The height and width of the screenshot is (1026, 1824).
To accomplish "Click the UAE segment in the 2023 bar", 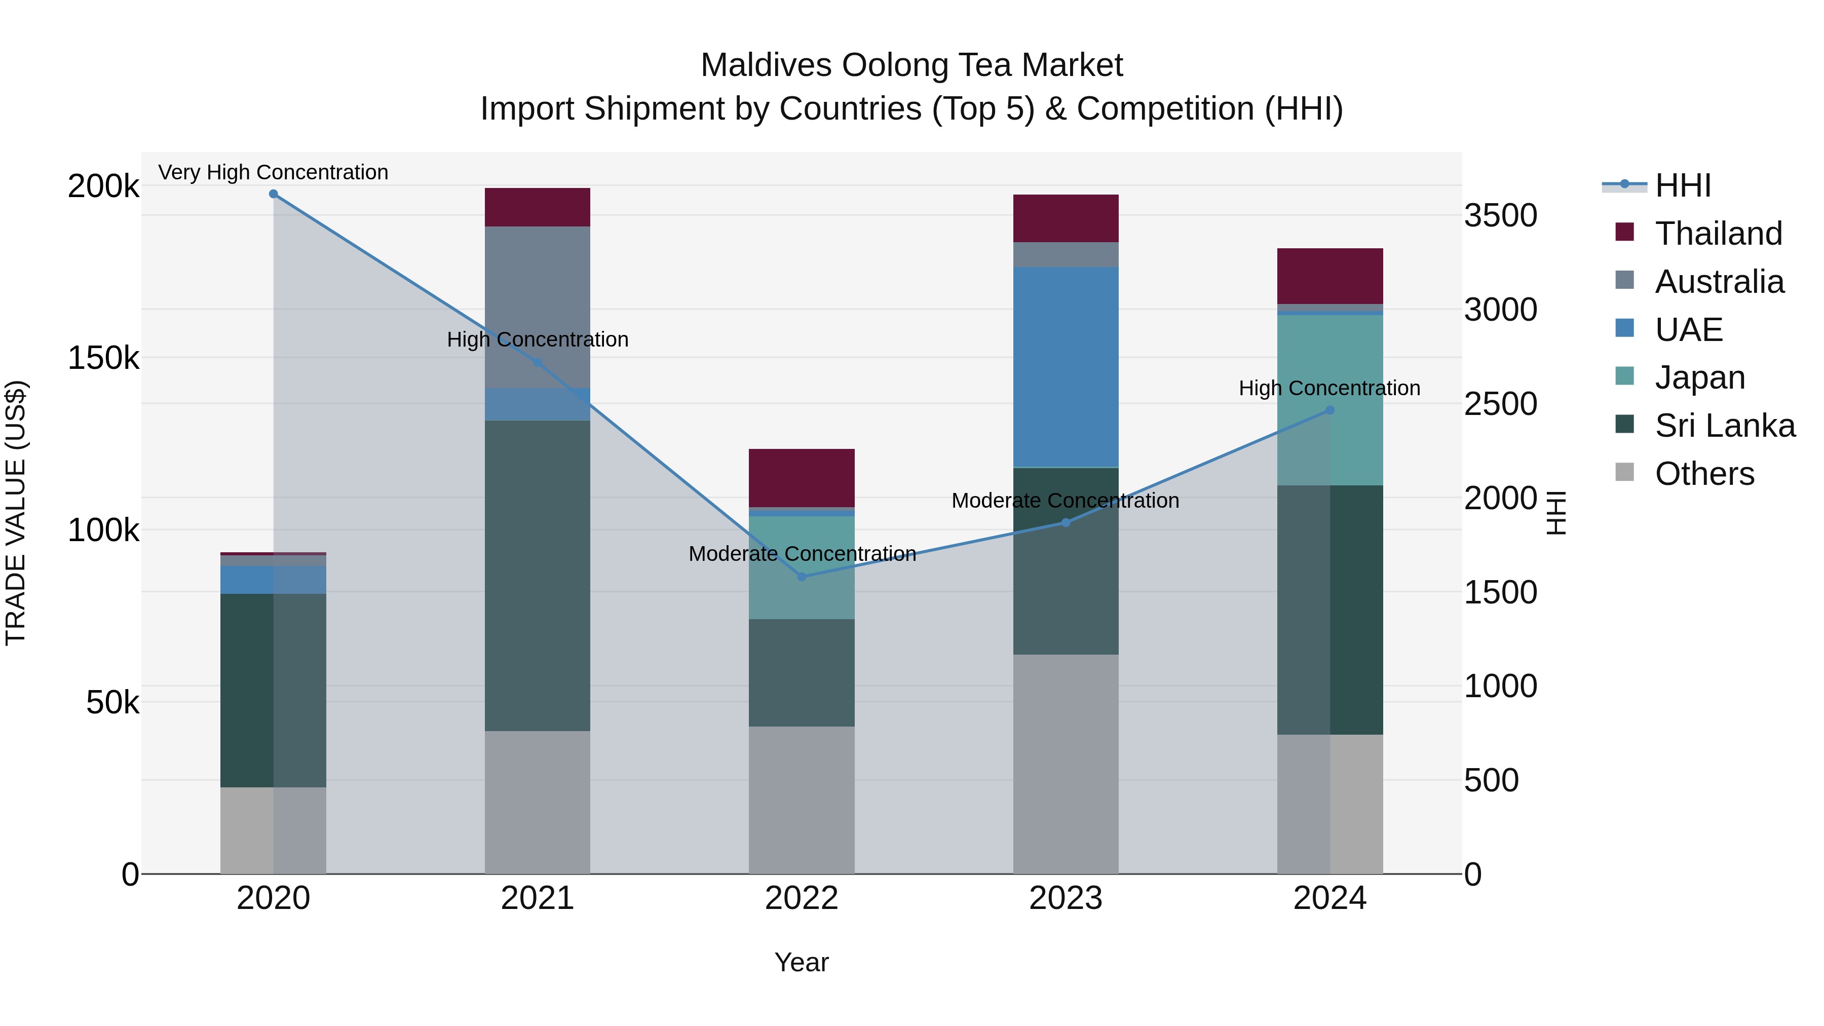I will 1066,367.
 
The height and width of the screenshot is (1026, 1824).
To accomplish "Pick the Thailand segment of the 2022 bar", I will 802,478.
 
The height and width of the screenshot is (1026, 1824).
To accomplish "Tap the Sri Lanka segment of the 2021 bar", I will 538,575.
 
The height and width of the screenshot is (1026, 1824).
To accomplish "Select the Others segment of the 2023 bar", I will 1066,764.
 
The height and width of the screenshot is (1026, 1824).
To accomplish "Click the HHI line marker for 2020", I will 273,194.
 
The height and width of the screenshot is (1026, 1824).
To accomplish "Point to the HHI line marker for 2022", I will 802,577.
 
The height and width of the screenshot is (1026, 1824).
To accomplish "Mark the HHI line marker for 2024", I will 1330,410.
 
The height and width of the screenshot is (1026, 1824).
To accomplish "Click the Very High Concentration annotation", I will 273,172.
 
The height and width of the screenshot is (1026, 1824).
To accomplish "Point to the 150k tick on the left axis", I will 103,358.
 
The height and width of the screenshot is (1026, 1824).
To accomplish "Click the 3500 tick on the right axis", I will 1500,215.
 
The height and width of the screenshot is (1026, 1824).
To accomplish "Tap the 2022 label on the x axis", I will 802,898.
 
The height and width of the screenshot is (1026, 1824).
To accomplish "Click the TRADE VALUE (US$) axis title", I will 16,513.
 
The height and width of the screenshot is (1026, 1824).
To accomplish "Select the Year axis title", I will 802,962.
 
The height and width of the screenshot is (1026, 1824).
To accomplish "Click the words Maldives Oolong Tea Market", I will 911,65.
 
